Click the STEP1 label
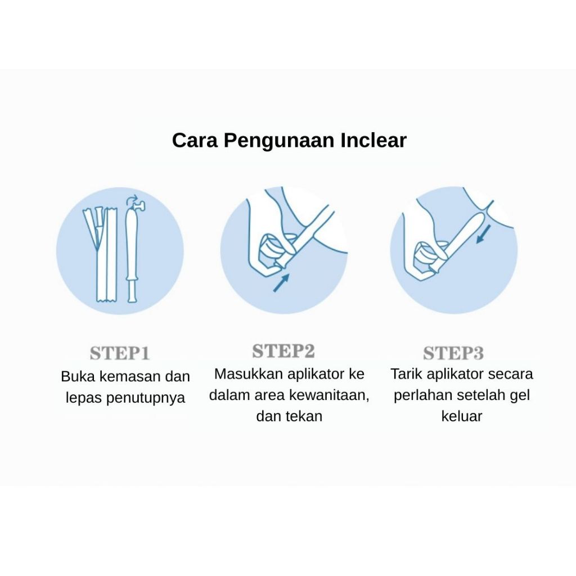tap(120, 353)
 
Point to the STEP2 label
tap(283, 351)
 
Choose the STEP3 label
tap(453, 353)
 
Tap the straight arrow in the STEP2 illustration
tap(281, 282)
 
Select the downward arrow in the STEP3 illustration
tap(483, 234)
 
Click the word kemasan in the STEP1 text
tap(130, 376)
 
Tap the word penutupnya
tap(146, 398)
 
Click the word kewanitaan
tap(328, 395)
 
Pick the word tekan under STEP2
tap(305, 416)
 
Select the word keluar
tap(461, 416)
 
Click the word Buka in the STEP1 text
tap(78, 376)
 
